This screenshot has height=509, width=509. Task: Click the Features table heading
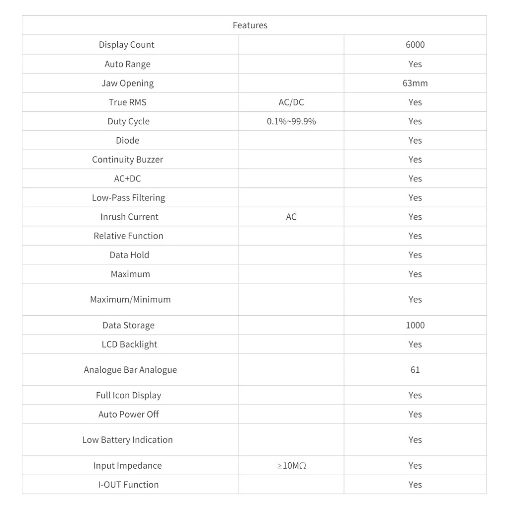[250, 25]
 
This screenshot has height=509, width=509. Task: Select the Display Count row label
[127, 45]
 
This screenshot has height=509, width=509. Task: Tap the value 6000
[415, 45]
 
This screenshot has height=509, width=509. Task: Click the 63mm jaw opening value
[415, 83]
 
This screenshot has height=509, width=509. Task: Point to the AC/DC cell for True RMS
[291, 102]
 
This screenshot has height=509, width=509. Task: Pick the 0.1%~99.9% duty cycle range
[291, 121]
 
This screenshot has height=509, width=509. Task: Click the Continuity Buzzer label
[128, 160]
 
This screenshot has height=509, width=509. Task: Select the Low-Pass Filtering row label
[128, 198]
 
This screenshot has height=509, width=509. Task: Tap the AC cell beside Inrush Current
[291, 217]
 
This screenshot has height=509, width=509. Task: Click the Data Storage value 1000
[415, 325]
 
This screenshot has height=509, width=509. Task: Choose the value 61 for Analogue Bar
[415, 370]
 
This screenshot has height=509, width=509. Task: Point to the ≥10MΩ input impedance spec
[291, 466]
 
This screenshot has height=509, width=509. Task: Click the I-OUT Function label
[128, 485]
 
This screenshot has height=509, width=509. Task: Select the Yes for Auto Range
[415, 64]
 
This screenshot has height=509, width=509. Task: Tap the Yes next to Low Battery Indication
[415, 440]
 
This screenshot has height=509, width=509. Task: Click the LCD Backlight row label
[129, 344]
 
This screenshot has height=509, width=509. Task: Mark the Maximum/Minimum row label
[130, 300]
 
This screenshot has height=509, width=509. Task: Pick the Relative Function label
[128, 236]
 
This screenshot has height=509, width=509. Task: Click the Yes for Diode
[415, 141]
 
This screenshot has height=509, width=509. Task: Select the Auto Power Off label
[128, 415]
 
